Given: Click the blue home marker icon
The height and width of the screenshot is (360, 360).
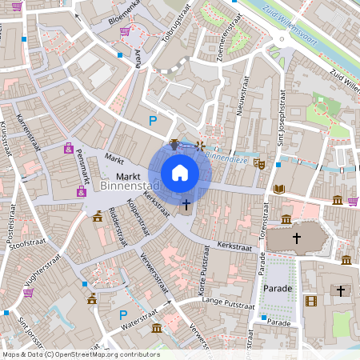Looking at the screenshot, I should [180, 173].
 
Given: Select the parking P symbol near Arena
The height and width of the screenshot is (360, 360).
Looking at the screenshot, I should [153, 121].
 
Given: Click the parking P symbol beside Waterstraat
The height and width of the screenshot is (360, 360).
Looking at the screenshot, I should [123, 315].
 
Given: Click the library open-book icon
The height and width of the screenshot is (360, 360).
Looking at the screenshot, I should [278, 189].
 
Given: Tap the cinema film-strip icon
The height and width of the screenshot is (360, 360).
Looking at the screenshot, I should [310, 301].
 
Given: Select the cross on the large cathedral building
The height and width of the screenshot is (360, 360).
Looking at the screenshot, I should [297, 238].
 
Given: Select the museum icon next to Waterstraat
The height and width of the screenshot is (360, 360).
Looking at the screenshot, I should [156, 329].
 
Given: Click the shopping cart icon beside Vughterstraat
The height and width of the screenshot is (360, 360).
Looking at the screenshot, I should [29, 293].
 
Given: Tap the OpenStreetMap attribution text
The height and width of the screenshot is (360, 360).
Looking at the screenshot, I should [80, 354].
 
